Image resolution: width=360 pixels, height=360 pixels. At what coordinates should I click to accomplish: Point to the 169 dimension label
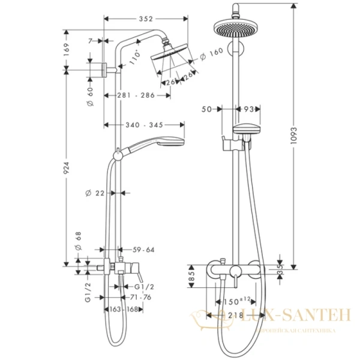pyautogui.click(x=68, y=47)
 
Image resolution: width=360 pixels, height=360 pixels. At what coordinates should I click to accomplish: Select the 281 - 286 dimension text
pyautogui.click(x=136, y=95)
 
